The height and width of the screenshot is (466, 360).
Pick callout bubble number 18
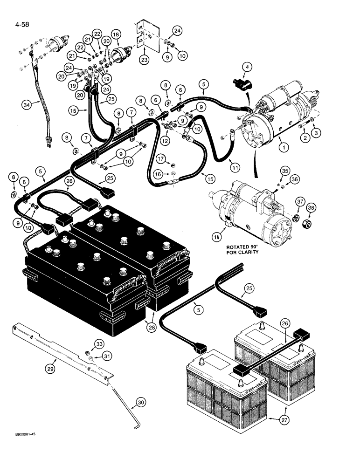coord(116,34)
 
